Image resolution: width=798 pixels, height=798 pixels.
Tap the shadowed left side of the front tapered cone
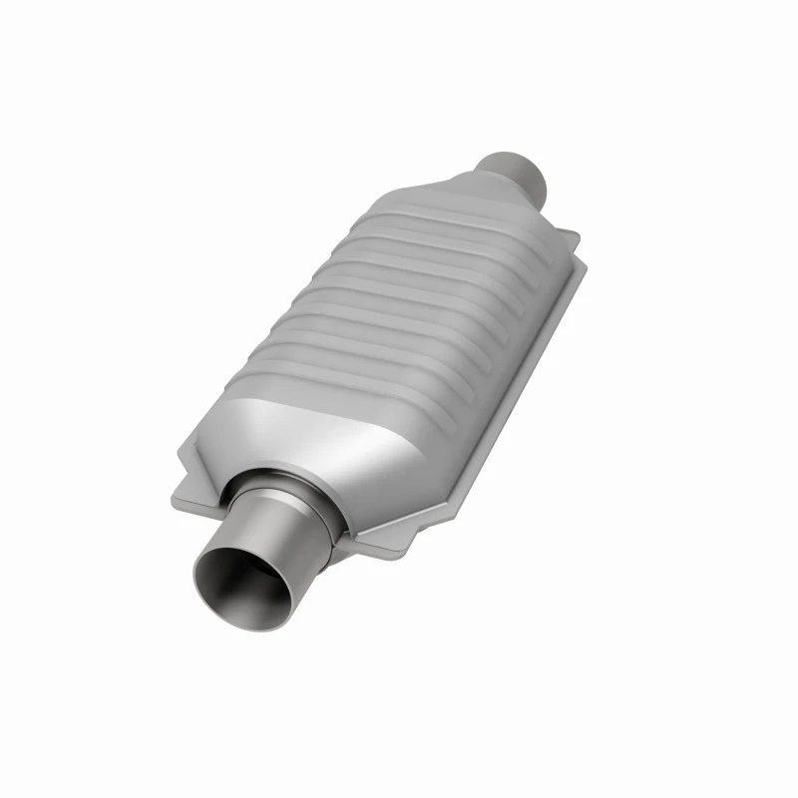tap(239, 439)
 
